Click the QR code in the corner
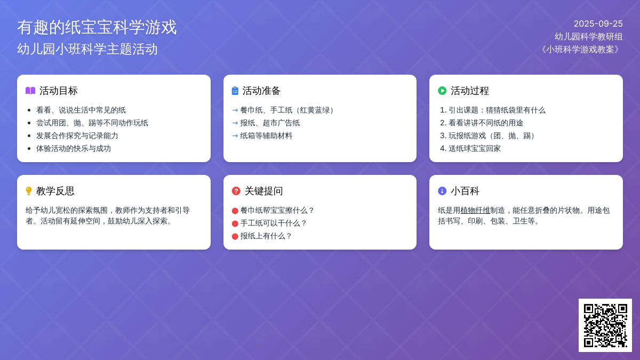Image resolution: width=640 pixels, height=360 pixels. (x=605, y=325)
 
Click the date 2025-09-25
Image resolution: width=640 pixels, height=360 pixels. (x=598, y=23)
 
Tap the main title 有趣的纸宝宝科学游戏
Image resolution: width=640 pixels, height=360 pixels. (x=97, y=27)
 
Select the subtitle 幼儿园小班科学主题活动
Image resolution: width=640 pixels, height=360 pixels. (x=87, y=49)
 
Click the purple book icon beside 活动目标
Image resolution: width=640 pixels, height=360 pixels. (x=30, y=91)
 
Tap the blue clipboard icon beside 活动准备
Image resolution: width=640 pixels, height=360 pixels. (x=235, y=91)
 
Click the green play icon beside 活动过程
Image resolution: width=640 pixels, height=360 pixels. (x=442, y=91)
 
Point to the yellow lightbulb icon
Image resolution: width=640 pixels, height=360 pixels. (x=29, y=191)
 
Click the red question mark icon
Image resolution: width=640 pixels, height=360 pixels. (x=236, y=191)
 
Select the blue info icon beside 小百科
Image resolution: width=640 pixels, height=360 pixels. (x=442, y=191)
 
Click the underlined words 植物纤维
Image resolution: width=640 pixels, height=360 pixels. (x=475, y=211)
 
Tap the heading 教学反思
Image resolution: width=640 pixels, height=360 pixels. (x=55, y=191)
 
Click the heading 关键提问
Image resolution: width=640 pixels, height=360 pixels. (x=263, y=191)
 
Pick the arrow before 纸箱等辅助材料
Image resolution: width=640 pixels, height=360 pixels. (x=235, y=135)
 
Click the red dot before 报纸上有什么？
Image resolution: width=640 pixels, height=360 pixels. (x=235, y=237)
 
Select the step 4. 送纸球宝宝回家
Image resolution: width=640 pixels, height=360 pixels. (x=470, y=149)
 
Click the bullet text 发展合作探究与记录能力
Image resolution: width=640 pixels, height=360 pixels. (x=77, y=135)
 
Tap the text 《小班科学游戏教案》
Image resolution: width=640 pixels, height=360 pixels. (x=580, y=50)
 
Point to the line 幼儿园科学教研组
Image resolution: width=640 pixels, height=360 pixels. (x=589, y=37)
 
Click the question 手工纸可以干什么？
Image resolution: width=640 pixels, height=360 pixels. (x=274, y=223)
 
